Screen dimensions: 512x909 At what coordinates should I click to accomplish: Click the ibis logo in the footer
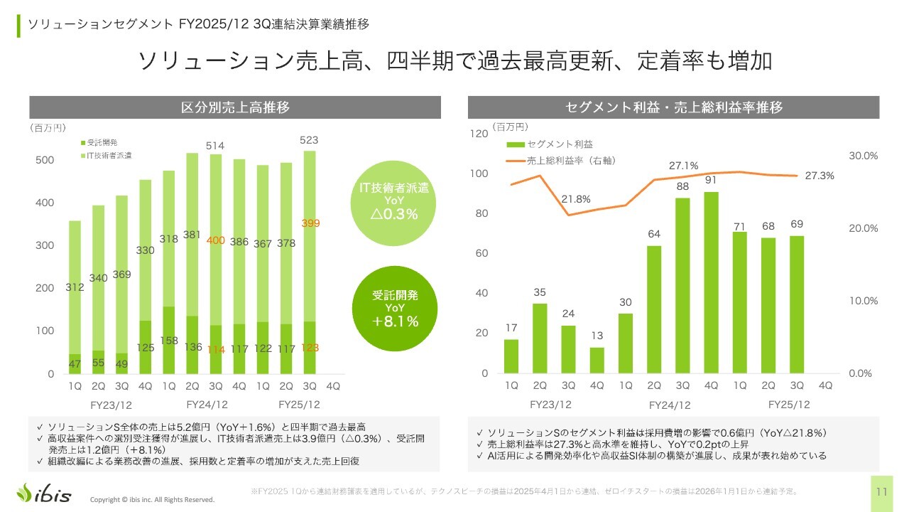44,492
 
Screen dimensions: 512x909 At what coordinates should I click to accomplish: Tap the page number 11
882,491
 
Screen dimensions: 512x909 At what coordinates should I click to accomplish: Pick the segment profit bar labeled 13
597,360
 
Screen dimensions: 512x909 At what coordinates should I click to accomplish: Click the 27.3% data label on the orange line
820,176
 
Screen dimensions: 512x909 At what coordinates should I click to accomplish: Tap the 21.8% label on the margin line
576,199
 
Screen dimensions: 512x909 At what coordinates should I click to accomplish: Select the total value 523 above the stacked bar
309,140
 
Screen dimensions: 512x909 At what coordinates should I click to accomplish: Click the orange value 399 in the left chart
310,223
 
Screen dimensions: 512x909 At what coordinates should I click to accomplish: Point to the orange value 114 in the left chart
215,349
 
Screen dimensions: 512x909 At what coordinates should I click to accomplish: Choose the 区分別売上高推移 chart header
234,107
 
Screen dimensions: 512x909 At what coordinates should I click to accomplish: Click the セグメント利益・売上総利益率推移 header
673,107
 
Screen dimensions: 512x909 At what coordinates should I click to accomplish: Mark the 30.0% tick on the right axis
864,156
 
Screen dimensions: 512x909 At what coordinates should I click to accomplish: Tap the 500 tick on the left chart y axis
45,160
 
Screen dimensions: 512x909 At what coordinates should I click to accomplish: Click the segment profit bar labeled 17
511,356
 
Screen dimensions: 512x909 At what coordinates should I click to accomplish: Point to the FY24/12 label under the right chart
669,405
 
